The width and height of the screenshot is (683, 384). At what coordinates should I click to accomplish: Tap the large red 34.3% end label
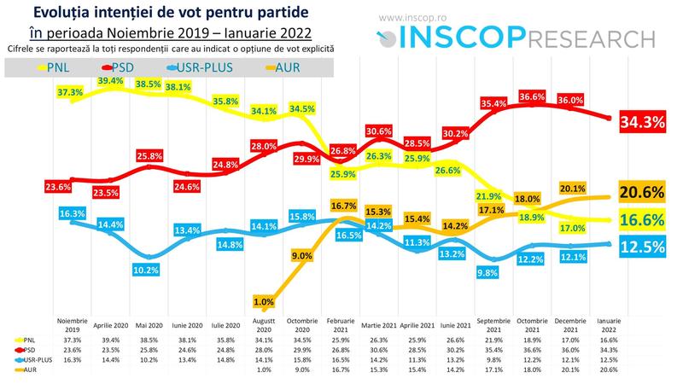point(643,123)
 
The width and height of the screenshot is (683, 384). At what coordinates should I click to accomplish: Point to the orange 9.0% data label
point(301,254)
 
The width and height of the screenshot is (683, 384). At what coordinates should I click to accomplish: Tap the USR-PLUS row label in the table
point(35,358)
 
